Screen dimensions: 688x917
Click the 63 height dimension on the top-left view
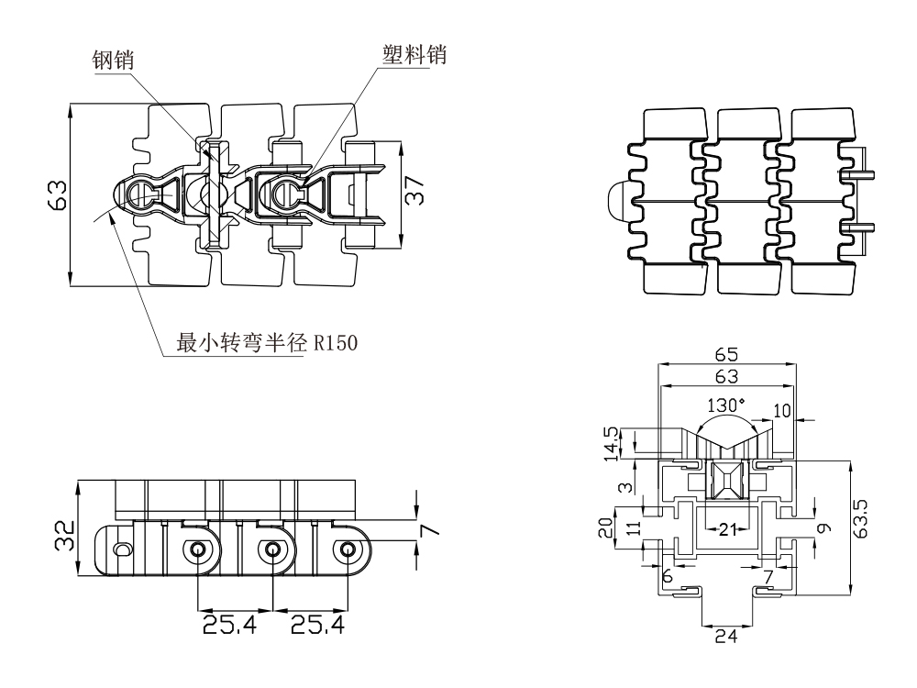coord(57,195)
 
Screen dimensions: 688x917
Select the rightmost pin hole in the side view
coord(348,549)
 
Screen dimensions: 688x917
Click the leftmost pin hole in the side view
coord(197,549)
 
